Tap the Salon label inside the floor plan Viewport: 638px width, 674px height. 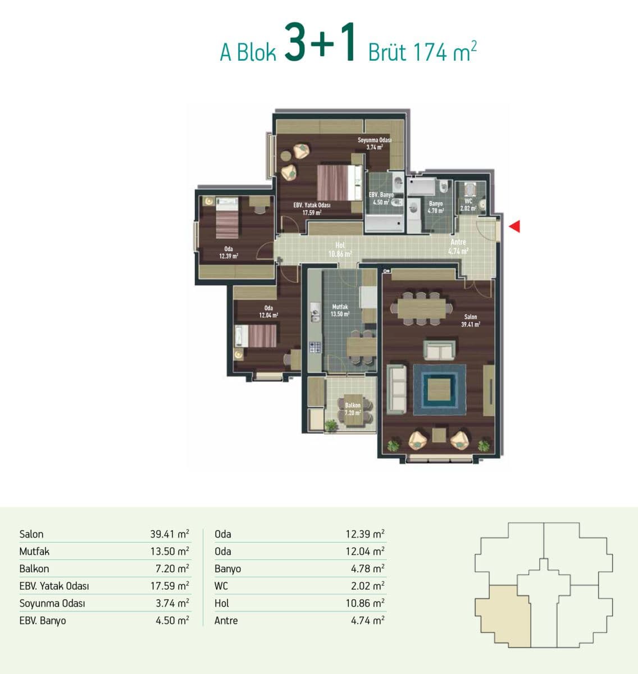(471, 317)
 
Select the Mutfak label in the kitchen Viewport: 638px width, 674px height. (340, 307)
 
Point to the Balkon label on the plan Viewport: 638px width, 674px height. (353, 405)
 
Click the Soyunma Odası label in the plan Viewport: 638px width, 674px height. (375, 140)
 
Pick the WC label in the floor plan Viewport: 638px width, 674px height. (468, 201)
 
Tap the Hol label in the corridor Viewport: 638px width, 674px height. (340, 245)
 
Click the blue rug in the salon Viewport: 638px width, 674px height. (440, 389)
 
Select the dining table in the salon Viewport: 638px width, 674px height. (421, 308)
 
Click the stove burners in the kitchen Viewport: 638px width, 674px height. (315, 347)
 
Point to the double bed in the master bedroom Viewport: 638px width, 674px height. (339, 183)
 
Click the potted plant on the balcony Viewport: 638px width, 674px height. (331, 425)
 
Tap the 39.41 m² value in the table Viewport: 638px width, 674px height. (170, 534)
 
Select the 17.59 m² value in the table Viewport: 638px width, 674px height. (170, 586)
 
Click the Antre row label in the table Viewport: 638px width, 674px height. (226, 620)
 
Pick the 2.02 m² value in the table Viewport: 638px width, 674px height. (367, 586)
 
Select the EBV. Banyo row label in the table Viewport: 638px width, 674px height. (43, 621)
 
